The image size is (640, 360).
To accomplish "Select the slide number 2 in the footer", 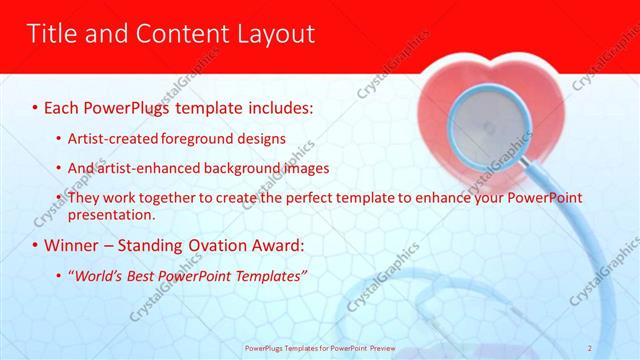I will click(618, 347).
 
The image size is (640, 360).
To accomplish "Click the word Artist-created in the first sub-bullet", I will click(105, 138).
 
